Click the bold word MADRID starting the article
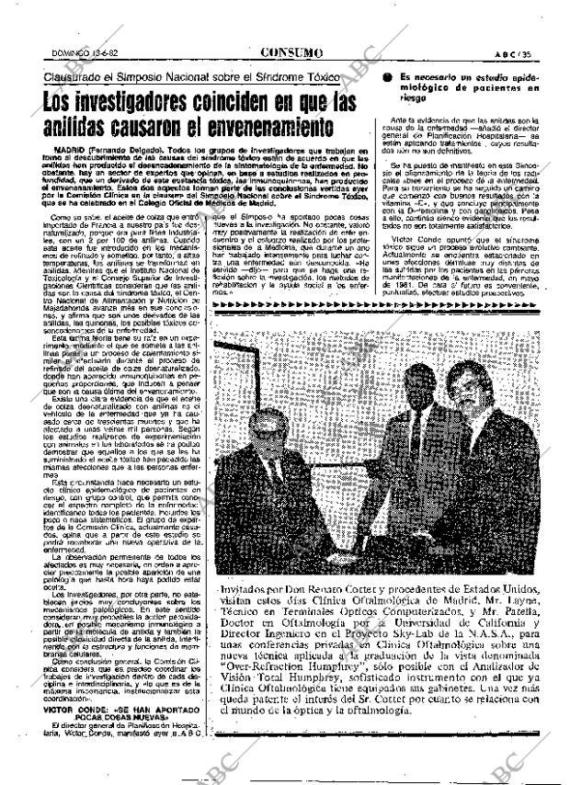click(x=72, y=148)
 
